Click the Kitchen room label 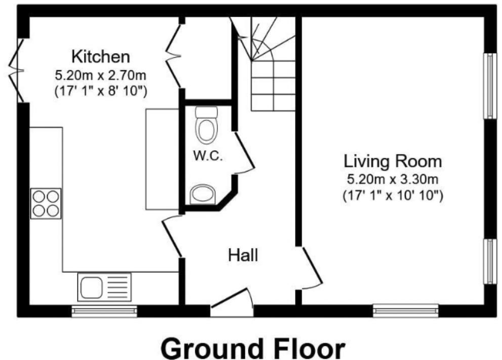[101, 55]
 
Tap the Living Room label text [393, 162]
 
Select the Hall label [243, 255]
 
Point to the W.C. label [208, 156]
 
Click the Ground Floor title [254, 348]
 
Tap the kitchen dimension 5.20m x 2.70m [101, 76]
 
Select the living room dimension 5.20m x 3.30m [393, 179]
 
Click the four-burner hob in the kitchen [46, 204]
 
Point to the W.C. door [244, 152]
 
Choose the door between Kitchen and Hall [172, 237]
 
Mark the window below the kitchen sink [104, 311]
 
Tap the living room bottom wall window [405, 310]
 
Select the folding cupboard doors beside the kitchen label [174, 53]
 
